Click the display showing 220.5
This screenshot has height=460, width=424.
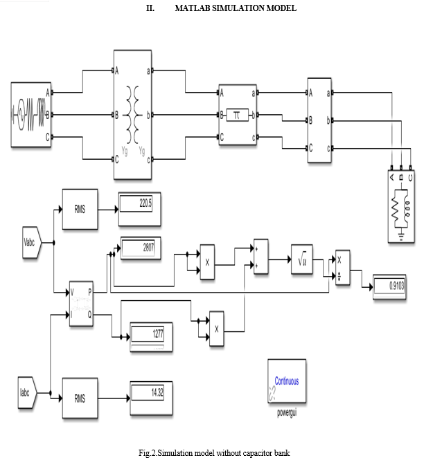point(139,209)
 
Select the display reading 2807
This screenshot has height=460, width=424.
point(141,248)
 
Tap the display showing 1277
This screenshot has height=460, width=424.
point(151,337)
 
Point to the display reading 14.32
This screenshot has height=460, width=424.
point(151,398)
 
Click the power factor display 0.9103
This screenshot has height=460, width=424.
point(389,286)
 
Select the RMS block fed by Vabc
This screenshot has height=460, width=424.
point(80,209)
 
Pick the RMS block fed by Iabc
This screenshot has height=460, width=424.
point(80,398)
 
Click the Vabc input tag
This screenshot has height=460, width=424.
point(32,242)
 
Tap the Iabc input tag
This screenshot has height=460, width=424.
point(27,392)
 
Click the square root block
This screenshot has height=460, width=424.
point(302,259)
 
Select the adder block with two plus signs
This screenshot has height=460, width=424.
point(261,257)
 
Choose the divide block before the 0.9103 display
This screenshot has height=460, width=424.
point(343,268)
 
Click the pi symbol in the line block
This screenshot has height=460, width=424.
point(236,115)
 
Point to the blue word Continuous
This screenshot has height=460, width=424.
point(287,380)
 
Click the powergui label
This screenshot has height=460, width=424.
point(287,412)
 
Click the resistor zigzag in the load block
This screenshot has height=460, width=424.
point(395,209)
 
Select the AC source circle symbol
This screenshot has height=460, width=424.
point(21,115)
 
